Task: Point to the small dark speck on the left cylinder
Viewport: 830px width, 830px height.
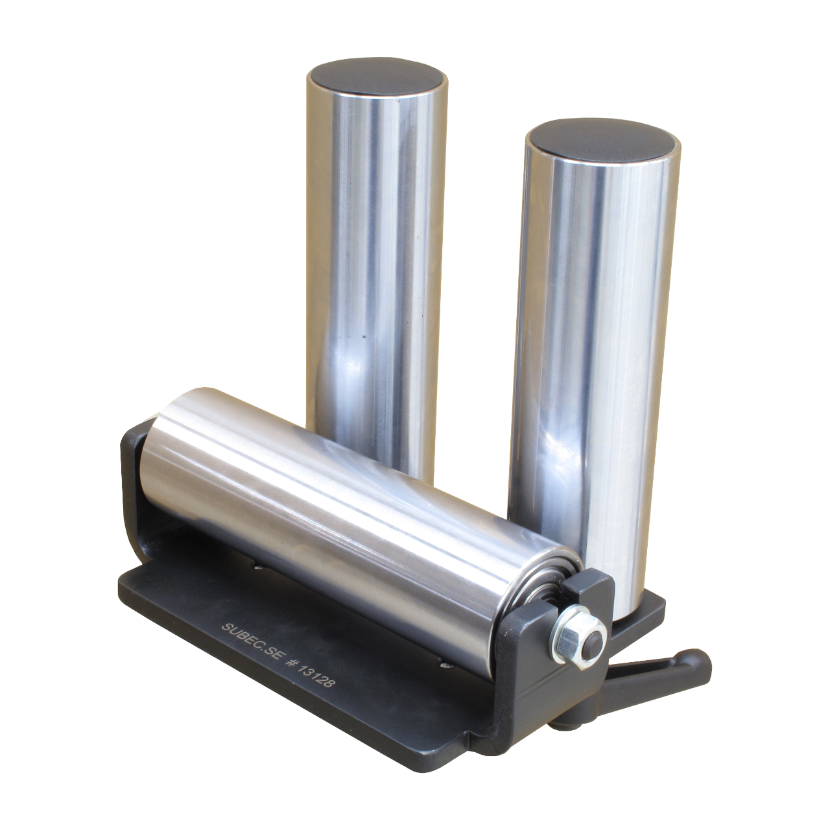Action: click(x=364, y=337)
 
